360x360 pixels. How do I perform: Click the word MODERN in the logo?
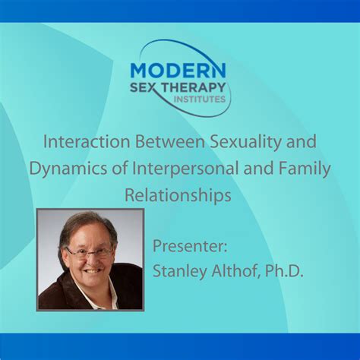coord(179,70)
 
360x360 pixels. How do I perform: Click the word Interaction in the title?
coord(82,143)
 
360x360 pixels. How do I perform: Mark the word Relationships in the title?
coord(178,196)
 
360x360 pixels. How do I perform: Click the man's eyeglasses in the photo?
coord(89,251)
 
